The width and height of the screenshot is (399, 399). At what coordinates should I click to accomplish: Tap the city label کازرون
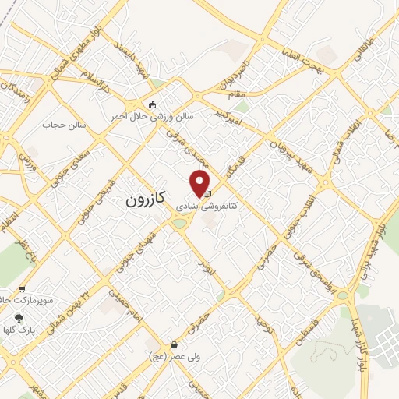click(146, 199)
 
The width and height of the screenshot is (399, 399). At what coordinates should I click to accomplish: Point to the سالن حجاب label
click(62, 125)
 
